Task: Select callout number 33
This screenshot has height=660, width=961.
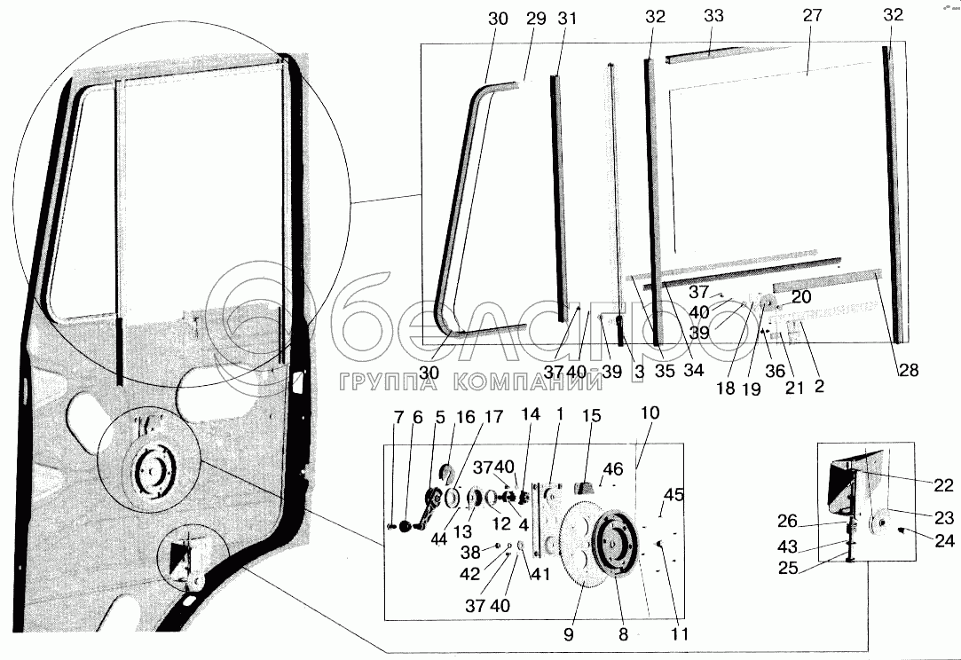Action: tap(714, 16)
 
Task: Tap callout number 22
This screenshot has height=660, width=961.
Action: tap(943, 485)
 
